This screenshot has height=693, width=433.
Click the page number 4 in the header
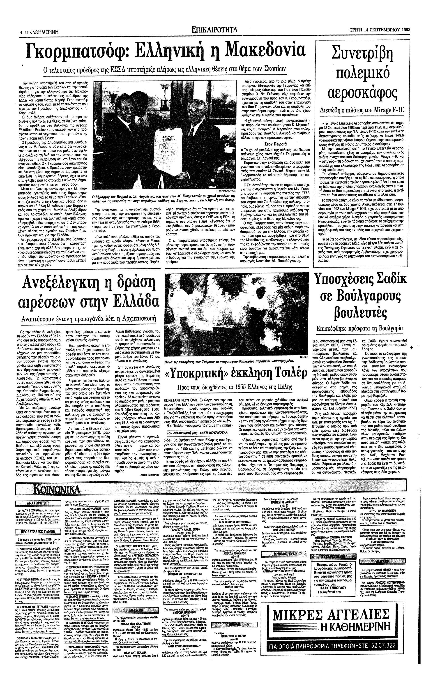[x=21, y=32]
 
